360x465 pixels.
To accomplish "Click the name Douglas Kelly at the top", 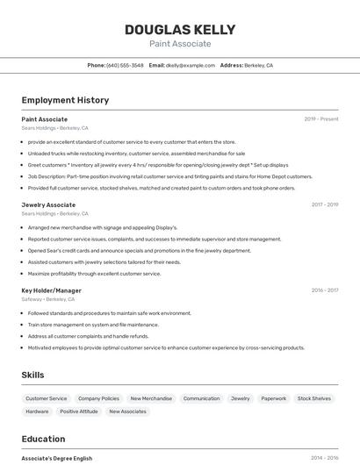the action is click(180, 29).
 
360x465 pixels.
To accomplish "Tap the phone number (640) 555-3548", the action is click(125, 65).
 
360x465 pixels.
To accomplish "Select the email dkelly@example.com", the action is click(191, 65).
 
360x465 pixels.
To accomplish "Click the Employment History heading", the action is click(65, 100).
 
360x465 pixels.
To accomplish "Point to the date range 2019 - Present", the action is click(321, 118).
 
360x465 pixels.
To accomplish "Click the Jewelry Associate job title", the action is click(48, 204).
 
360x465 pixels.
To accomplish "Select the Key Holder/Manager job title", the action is click(51, 290).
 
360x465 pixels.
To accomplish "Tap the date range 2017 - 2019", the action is click(324, 204).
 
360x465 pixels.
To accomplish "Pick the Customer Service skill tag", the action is click(46, 398).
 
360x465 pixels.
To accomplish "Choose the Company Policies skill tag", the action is click(98, 398).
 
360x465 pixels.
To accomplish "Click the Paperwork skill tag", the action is click(273, 398).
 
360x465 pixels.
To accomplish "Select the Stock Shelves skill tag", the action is click(314, 398).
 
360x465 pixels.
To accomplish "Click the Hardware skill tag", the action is click(37, 411).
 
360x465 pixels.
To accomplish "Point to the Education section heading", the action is click(43, 439).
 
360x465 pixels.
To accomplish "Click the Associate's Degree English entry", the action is click(56, 458).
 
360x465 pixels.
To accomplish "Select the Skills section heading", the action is click(32, 375).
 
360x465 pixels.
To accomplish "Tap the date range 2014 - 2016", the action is click(324, 458).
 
